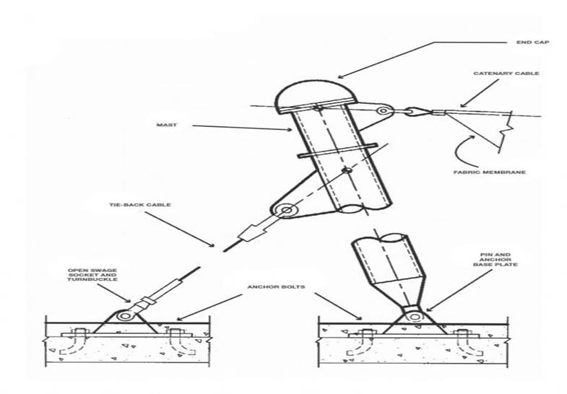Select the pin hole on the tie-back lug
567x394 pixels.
[x=287, y=211]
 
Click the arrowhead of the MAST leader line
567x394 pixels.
[x=291, y=131]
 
